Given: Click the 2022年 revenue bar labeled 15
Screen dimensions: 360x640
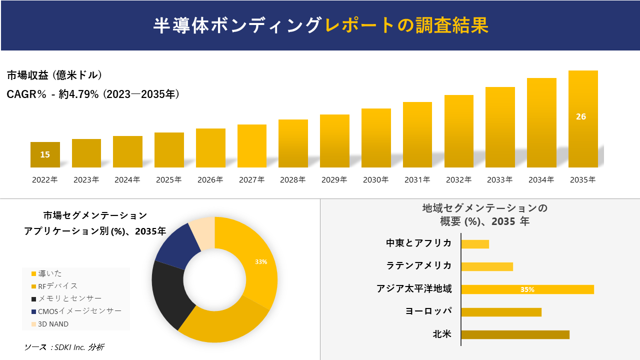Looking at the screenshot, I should [45, 154].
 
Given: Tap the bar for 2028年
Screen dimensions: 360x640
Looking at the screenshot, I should [293, 143].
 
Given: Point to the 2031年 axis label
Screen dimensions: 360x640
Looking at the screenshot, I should [417, 179].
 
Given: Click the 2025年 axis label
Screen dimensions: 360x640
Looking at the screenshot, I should [169, 179].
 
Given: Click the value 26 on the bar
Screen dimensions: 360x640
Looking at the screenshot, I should [581, 116].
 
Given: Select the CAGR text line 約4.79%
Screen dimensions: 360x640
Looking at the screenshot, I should [93, 94].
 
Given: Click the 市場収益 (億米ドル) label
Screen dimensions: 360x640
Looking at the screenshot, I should [54, 75].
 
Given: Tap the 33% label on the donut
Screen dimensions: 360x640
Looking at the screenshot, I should [261, 261].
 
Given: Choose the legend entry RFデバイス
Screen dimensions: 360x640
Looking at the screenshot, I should [57, 286].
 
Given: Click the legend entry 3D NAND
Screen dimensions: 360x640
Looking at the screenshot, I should [53, 324].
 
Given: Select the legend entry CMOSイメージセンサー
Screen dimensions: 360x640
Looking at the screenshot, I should [79, 311].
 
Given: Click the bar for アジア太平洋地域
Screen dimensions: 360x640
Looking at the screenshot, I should [527, 289].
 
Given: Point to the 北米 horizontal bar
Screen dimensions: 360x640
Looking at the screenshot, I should [515, 334].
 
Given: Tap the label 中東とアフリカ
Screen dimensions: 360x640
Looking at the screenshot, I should [418, 243].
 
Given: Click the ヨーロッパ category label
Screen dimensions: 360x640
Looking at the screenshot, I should [428, 311].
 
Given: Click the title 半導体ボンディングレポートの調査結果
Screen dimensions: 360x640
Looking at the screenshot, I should [320, 25].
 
